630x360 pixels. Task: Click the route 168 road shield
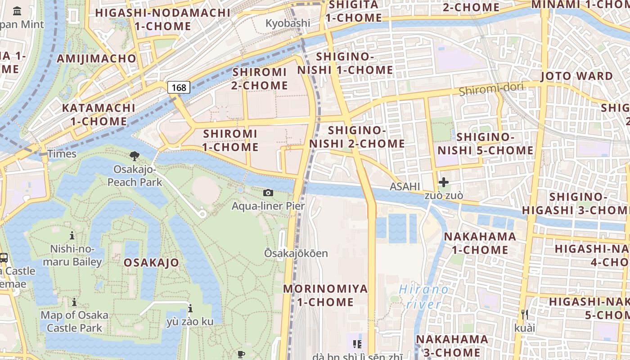tap(179, 87)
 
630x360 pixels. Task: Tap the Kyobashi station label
tap(288, 23)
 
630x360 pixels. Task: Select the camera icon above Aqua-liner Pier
tap(268, 193)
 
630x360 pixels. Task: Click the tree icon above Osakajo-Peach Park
tap(134, 156)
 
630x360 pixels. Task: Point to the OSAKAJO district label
tap(151, 262)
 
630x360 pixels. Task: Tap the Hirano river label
tap(423, 297)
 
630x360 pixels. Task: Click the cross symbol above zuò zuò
tap(444, 182)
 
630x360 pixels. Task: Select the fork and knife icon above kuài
tap(524, 314)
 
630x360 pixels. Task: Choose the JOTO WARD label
tap(576, 76)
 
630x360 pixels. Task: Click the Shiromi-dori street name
tap(491, 89)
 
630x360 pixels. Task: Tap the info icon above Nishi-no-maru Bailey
tap(72, 235)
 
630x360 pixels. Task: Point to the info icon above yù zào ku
tap(190, 309)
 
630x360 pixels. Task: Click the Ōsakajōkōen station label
tap(296, 253)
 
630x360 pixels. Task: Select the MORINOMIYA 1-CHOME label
tap(325, 295)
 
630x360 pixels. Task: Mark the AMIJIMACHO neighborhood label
tap(96, 58)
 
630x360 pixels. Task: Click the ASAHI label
tap(405, 186)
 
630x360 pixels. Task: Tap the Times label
tap(62, 154)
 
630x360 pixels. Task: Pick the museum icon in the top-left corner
tap(17, 11)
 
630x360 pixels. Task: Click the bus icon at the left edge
tap(3, 258)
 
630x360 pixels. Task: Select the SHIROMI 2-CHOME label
tap(260, 79)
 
